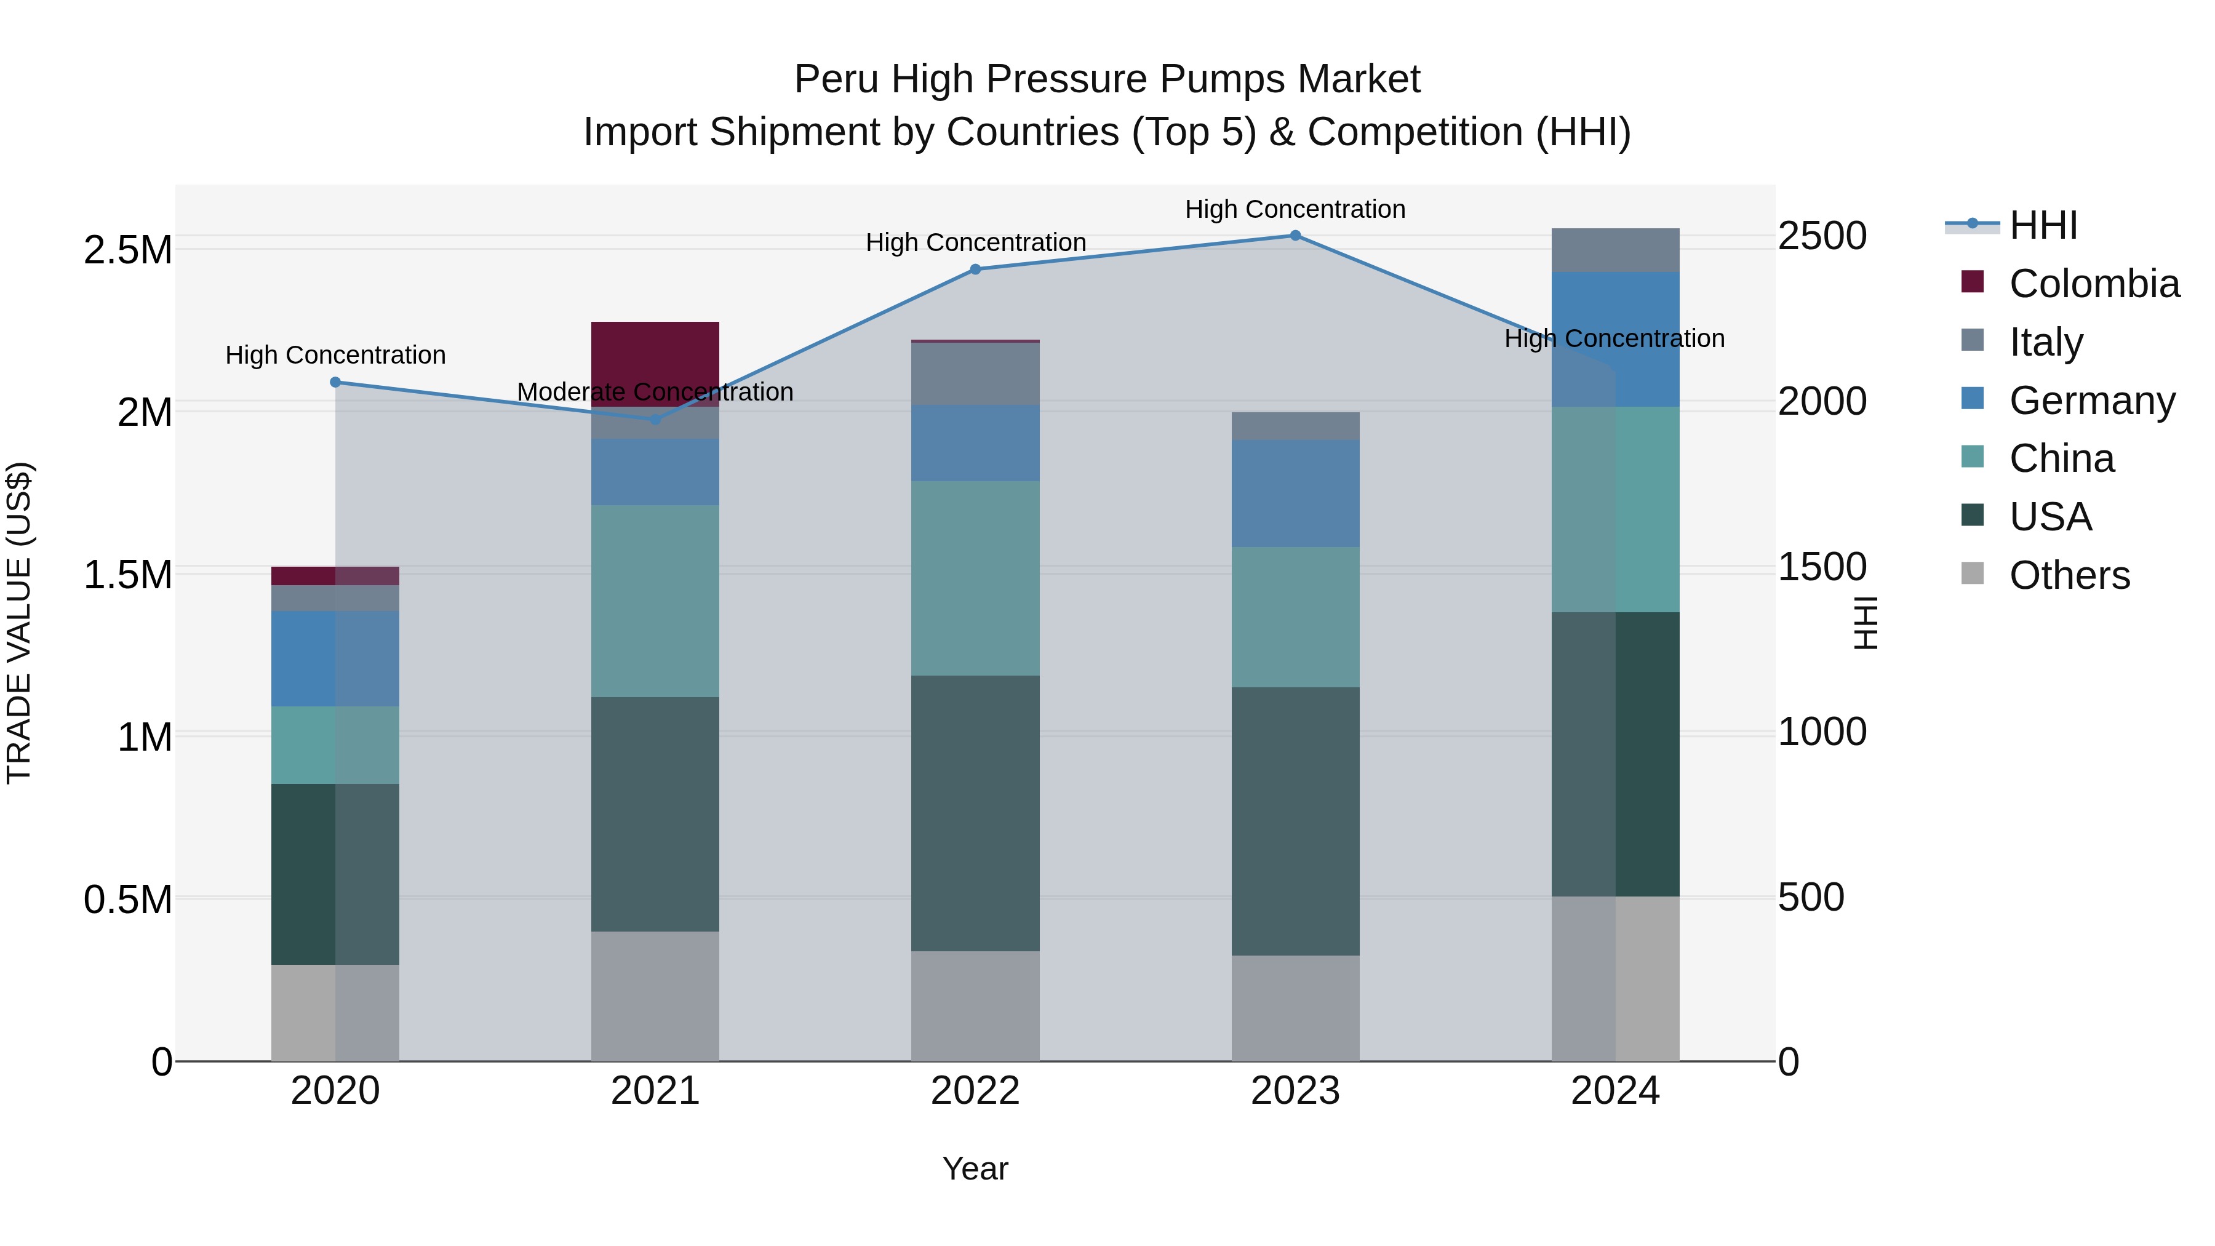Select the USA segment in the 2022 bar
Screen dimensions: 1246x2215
pyautogui.click(x=975, y=813)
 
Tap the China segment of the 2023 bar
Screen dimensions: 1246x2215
pyautogui.click(x=1295, y=617)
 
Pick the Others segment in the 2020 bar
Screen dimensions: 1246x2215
pyautogui.click(x=335, y=1012)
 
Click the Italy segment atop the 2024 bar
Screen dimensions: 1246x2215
pyautogui.click(x=1615, y=250)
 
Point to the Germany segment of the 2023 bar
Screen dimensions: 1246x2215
pyautogui.click(x=1295, y=493)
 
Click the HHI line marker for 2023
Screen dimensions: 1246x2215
pyautogui.click(x=1295, y=236)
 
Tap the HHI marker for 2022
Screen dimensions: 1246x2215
pyautogui.click(x=975, y=269)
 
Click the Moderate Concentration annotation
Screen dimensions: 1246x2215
pyautogui.click(x=655, y=392)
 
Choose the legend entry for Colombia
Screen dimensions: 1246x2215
pyautogui.click(x=2094, y=284)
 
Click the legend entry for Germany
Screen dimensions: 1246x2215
pyautogui.click(x=2091, y=401)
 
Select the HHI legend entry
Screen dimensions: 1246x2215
pyautogui.click(x=2043, y=225)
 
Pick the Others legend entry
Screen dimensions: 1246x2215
pyautogui.click(x=2069, y=575)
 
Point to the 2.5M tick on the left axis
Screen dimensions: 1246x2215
pyautogui.click(x=127, y=250)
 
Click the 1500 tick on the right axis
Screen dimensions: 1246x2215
pyautogui.click(x=1822, y=567)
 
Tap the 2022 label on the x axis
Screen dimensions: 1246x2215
pyautogui.click(x=975, y=1091)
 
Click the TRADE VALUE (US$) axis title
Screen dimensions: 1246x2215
pyautogui.click(x=20, y=623)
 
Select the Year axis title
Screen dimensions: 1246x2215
pyautogui.click(x=975, y=1168)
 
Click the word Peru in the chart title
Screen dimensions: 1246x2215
pyautogui.click(x=835, y=79)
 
